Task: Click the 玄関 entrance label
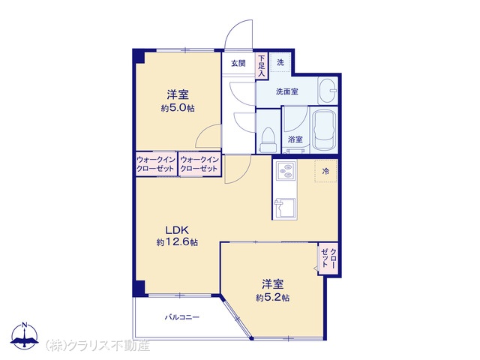238,63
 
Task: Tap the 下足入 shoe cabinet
262,65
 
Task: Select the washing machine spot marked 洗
280,62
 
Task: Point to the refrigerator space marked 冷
326,171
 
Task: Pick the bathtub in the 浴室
324,130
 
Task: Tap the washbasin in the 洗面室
328,91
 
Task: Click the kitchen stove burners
286,171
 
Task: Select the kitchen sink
285,208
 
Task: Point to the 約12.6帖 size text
177,242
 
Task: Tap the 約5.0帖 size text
178,108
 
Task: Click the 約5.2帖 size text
273,298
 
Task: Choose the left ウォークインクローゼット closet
156,164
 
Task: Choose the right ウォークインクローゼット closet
199,164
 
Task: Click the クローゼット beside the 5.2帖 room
328,259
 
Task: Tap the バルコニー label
182,317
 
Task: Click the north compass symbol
25,335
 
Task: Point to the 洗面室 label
287,91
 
